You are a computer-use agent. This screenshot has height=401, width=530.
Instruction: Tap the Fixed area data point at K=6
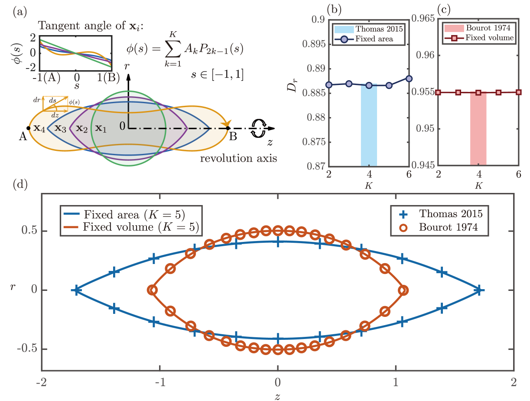[409, 78]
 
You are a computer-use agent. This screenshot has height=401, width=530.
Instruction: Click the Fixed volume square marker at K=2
[438, 92]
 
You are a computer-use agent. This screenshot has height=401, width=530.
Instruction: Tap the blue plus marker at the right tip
[479, 290]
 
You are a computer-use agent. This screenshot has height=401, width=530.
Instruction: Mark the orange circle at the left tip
[152, 290]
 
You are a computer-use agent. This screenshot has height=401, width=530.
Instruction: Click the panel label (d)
[20, 184]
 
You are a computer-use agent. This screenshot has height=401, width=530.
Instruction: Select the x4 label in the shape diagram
[39, 128]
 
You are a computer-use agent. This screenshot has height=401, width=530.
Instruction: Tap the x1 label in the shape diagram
[101, 128]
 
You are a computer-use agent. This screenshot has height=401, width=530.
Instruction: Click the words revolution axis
[238, 158]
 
